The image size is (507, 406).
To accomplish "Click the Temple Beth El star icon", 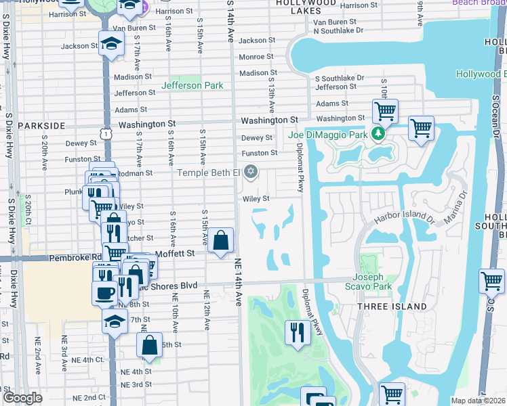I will [251, 172].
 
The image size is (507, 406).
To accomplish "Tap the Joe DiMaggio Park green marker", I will [381, 135].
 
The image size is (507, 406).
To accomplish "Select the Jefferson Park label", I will [192, 86].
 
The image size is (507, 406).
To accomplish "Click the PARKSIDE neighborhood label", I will [41, 126].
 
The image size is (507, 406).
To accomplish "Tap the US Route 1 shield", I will [106, 135].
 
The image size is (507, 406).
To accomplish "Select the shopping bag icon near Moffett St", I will [221, 240].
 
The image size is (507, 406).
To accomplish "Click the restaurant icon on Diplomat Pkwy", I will [298, 332].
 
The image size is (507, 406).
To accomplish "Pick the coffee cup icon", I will [104, 293].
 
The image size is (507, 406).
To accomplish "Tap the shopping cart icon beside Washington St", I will [385, 110].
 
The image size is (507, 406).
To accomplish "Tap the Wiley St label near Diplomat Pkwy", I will [257, 199].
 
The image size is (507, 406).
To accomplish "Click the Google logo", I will [22, 398].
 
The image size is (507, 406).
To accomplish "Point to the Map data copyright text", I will [479, 401].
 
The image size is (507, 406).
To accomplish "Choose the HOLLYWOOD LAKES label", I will [307, 4].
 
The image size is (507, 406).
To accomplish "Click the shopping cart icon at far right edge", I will [491, 280].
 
